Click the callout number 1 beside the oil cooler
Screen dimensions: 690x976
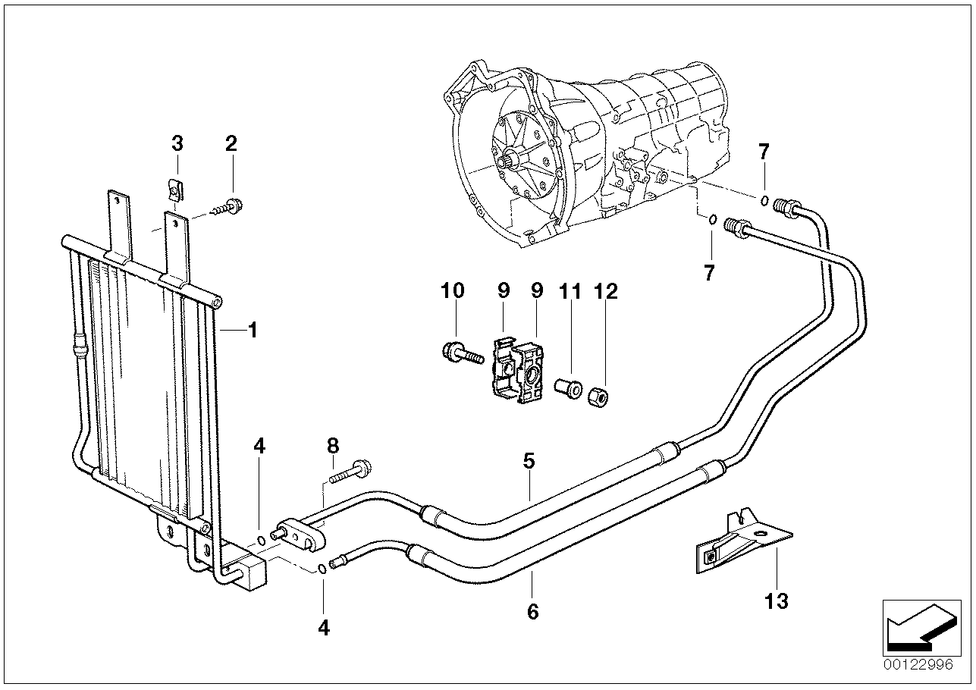[x=253, y=331]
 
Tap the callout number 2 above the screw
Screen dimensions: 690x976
[x=231, y=143]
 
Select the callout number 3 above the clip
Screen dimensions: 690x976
[x=177, y=143]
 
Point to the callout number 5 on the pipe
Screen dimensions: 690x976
[x=529, y=460]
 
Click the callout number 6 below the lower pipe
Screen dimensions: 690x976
[x=532, y=611]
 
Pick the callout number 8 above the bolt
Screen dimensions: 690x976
[x=333, y=446]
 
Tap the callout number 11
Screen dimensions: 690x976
[x=570, y=291]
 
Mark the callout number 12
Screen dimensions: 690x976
[x=607, y=291]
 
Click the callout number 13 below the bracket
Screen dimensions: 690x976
[x=777, y=601]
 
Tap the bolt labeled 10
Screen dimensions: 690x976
[x=461, y=353]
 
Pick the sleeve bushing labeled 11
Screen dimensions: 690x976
[x=569, y=389]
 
